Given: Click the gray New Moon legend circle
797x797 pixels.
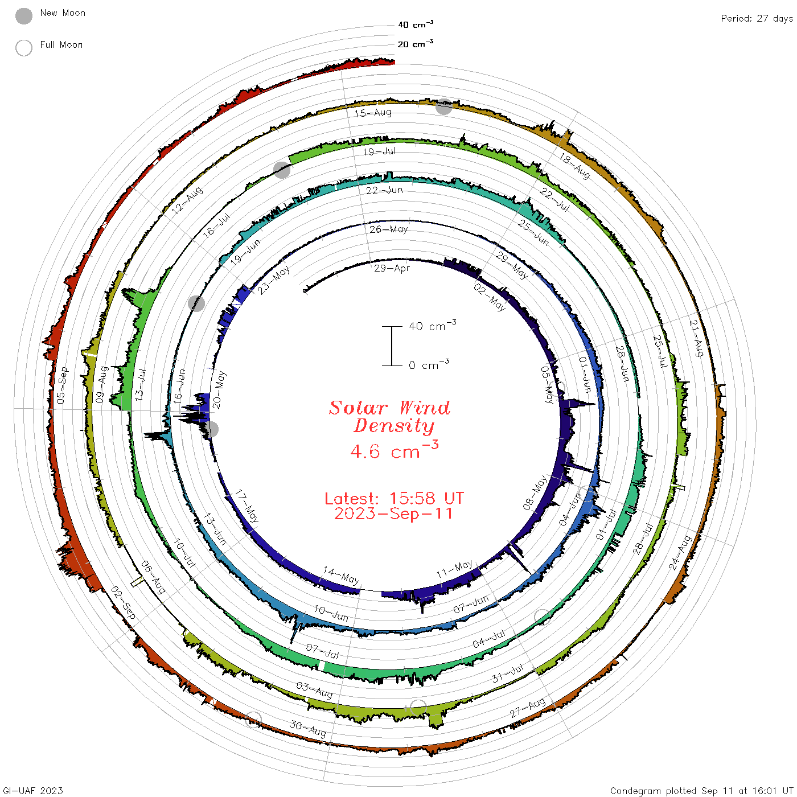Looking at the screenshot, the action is tap(23, 16).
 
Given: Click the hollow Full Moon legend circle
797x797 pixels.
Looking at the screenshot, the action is tap(23, 48).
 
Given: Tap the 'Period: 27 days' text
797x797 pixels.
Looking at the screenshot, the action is tap(757, 19).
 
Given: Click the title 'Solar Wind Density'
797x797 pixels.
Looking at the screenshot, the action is tap(389, 417).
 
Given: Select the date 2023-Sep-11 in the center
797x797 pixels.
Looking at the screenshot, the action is tap(393, 513).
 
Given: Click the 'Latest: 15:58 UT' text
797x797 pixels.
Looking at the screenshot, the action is tap(394, 498).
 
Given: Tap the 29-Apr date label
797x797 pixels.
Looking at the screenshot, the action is tap(392, 268).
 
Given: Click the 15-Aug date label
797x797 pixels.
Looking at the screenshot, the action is tap(373, 113).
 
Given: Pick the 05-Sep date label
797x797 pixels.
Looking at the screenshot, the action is tap(62, 385).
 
